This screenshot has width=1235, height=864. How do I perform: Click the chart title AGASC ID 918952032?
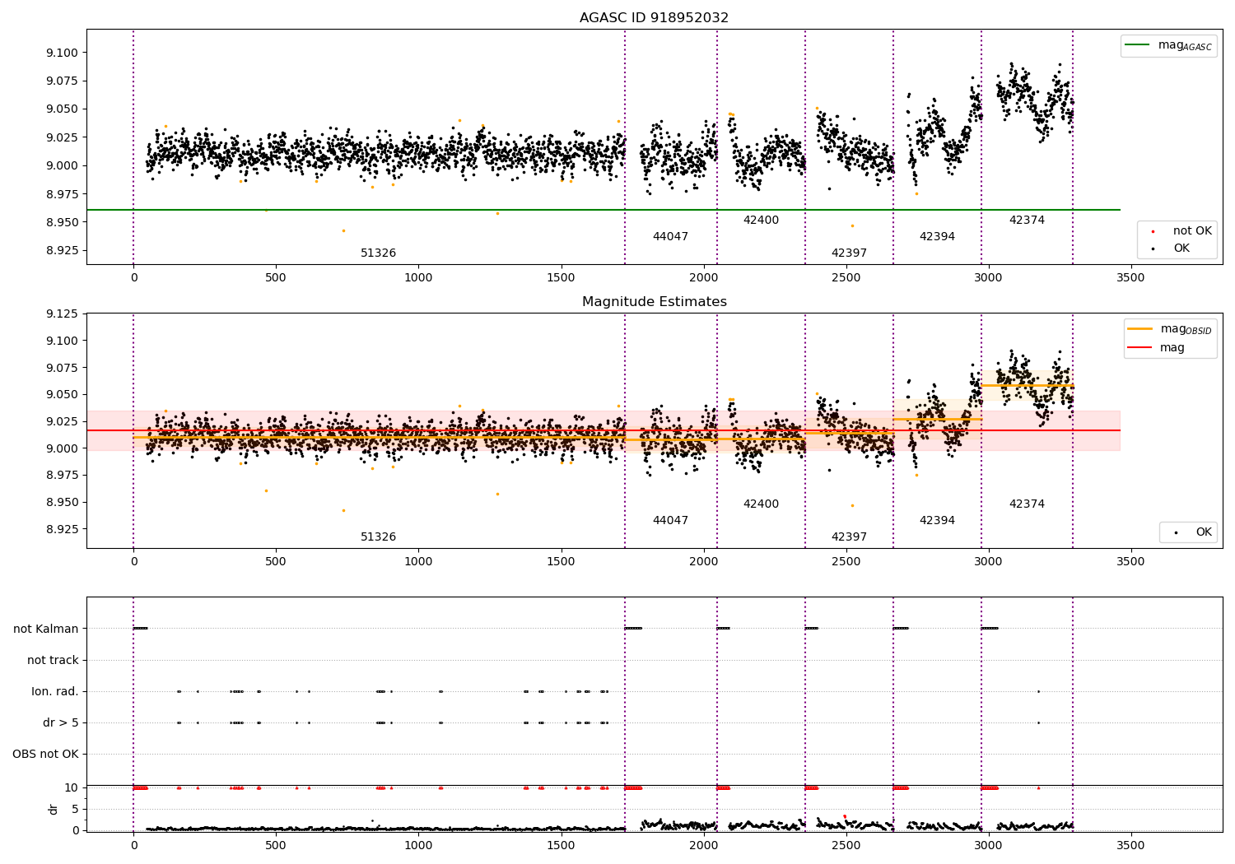pos(654,18)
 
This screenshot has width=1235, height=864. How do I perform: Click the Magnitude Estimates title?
pos(654,302)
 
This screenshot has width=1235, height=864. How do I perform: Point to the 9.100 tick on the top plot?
pos(63,53)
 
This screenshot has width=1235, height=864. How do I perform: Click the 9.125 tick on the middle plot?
pos(63,314)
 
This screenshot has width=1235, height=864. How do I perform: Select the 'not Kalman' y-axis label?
pos(46,629)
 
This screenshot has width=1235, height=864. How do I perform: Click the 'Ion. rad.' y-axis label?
pos(55,691)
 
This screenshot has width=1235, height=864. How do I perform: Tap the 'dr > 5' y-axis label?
pos(61,722)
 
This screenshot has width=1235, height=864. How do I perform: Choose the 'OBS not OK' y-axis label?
pos(45,754)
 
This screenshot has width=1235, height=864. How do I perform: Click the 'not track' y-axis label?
pos(53,660)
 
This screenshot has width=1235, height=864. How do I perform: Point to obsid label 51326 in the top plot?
pos(378,253)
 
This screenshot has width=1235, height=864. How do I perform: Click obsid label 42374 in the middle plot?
pos(1027,504)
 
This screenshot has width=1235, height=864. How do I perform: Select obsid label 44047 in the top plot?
pos(670,237)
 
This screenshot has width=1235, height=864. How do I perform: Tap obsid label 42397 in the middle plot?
pos(849,537)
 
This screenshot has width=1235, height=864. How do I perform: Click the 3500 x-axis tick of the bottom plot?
pos(1130,845)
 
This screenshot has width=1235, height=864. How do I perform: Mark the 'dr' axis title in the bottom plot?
pos(54,809)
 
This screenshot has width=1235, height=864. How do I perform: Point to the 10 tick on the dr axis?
pos(72,787)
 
